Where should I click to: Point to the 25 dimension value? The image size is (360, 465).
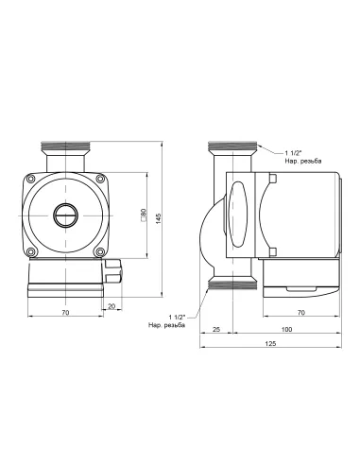(215, 331)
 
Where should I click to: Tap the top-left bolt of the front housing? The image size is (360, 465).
(33, 178)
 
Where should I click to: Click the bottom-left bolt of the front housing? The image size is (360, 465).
(33, 251)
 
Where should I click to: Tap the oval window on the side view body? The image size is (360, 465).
(238, 215)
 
